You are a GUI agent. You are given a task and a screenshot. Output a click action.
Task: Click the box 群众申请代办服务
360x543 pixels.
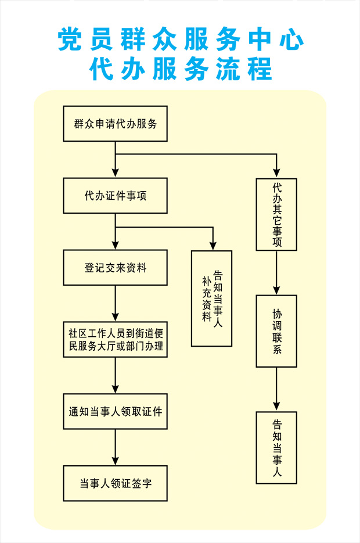point(115,124)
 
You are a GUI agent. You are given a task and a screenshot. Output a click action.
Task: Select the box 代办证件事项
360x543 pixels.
point(115,196)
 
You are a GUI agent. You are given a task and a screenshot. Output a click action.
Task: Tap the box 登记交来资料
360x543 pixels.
point(115,268)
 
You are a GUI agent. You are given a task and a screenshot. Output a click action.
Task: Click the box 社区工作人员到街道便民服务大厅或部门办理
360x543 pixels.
point(115,341)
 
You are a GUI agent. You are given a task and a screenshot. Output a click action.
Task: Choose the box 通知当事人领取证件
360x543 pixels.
point(115,412)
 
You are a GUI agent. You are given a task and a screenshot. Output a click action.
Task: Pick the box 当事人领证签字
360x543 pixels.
point(115,484)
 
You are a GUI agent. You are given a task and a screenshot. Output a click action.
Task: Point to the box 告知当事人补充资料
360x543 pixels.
point(212,299)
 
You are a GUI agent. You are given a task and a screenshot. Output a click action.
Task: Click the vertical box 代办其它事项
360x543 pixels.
point(277,215)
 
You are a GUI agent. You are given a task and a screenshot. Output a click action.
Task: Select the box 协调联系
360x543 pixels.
point(277,331)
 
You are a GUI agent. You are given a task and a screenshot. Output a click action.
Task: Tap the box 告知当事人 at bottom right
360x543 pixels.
point(277,448)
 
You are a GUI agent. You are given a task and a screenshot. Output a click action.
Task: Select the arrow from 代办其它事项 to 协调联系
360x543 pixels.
point(277,273)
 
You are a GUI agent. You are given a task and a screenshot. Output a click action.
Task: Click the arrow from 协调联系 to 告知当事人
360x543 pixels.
point(277,389)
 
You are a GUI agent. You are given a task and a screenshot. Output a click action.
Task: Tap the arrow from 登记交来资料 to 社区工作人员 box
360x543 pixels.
point(115,304)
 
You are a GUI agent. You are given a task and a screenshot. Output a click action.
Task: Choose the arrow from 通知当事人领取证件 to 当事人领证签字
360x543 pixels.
point(115,448)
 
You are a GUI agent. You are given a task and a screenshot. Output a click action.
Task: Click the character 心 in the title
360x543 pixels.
point(291,39)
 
